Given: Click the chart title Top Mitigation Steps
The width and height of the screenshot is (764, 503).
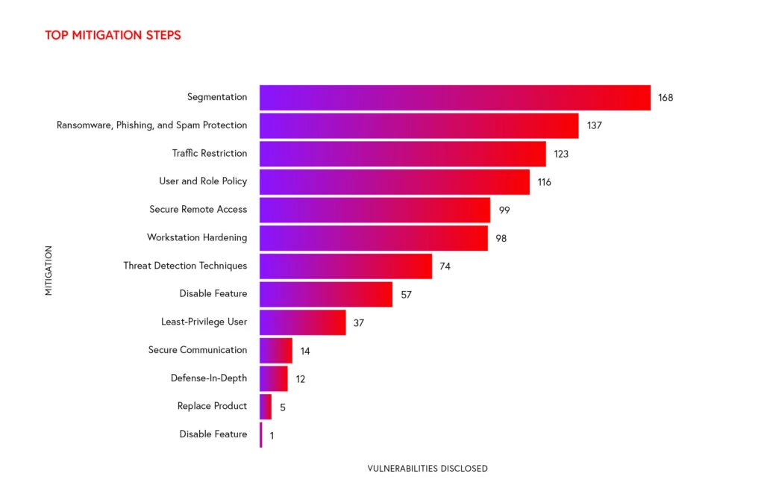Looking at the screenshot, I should [113, 35].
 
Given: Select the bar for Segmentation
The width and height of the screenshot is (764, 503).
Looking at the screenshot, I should [454, 97].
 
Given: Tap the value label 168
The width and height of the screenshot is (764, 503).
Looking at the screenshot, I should [666, 97].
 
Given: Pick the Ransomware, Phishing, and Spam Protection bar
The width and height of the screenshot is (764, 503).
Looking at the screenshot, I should [419, 125].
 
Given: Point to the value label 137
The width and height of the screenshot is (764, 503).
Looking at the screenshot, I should [594, 125].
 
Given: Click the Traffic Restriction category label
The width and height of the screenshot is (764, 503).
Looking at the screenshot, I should [210, 153].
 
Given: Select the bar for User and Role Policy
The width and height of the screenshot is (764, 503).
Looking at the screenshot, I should [394, 181].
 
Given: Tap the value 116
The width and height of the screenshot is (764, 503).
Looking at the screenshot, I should [544, 181].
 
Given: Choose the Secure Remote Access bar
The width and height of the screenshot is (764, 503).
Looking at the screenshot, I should [375, 210].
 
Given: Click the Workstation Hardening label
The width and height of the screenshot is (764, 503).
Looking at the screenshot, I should [197, 237].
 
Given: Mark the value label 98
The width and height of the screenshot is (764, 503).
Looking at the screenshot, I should [501, 238].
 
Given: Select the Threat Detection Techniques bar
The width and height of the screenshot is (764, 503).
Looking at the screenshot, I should [345, 266].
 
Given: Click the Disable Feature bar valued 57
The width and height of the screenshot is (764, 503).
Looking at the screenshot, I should [325, 294].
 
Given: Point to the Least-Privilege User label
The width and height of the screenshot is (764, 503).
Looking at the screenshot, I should [204, 322].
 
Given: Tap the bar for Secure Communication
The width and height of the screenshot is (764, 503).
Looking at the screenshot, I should [275, 350].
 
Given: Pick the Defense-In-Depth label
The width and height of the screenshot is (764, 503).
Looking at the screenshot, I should [209, 378].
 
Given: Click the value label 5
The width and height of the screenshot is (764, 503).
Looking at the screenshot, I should [283, 407].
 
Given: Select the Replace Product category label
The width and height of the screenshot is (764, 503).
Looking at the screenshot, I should [212, 406].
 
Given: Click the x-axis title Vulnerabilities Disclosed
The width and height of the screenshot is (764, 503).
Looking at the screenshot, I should [428, 469].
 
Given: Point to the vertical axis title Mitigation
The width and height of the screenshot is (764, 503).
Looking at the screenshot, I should [48, 270].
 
